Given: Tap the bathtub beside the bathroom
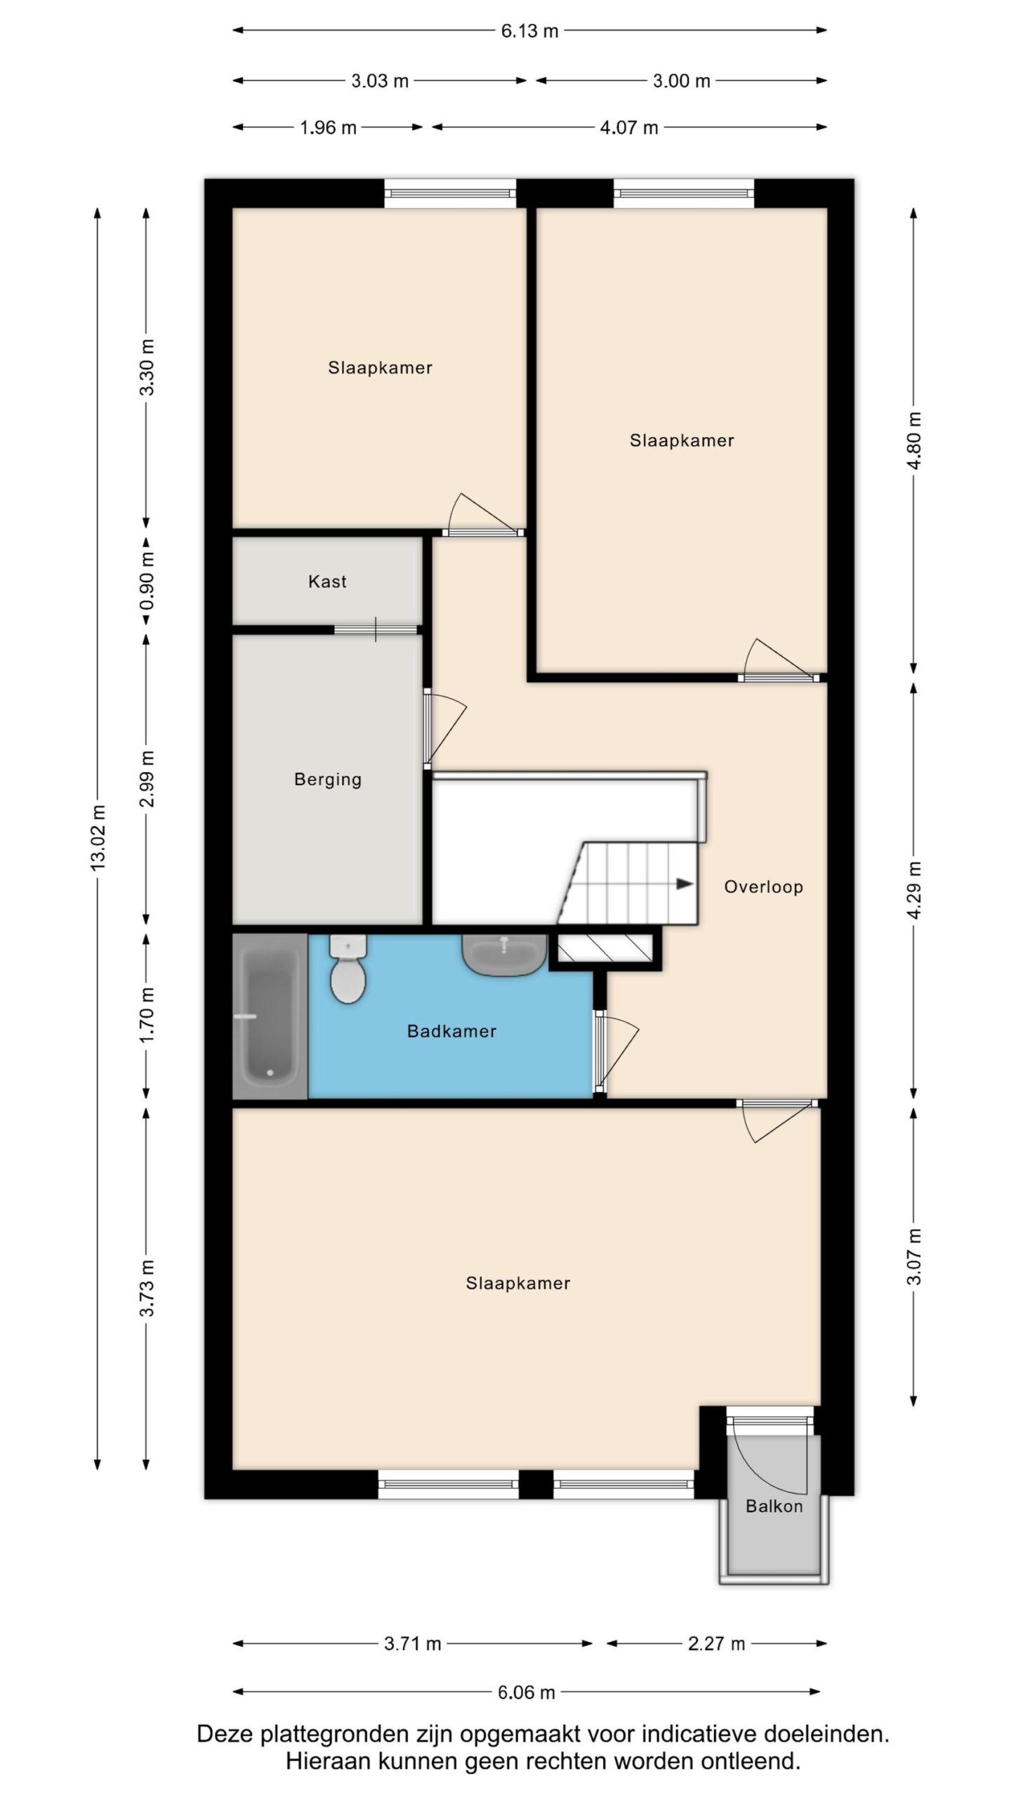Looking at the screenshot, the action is click(x=270, y=1016).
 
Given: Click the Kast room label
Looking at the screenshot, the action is click(x=327, y=582).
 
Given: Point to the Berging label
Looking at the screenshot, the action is click(x=328, y=780).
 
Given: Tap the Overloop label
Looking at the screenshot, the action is click(x=763, y=887).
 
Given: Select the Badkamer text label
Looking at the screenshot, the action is click(x=451, y=1031).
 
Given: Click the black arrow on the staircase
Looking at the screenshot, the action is click(x=685, y=884).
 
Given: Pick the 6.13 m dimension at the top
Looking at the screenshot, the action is click(x=529, y=31).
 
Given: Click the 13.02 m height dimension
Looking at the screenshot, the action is click(x=98, y=838).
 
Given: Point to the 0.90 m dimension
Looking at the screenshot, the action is click(x=147, y=582).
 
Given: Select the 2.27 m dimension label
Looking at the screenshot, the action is click(x=716, y=1643).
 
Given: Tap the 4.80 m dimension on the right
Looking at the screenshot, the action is click(x=914, y=441).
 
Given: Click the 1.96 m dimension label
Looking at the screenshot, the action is click(x=328, y=128).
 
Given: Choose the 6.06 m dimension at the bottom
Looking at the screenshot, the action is click(x=527, y=1693).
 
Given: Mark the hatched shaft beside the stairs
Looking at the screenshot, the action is click(x=605, y=948).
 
